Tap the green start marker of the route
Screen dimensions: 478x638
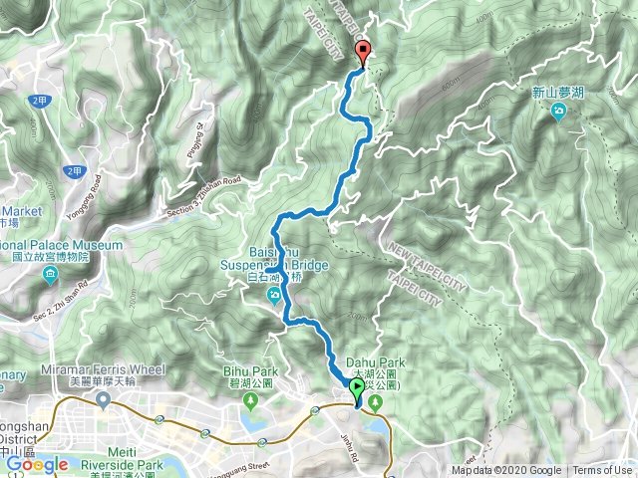[x=356, y=386]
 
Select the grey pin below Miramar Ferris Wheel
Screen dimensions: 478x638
[x=103, y=400]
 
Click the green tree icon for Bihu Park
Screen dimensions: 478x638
[x=250, y=401]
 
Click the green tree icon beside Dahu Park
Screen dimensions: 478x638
[x=376, y=401]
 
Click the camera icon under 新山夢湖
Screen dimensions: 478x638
[x=558, y=111]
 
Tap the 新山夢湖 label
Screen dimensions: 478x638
[x=557, y=92]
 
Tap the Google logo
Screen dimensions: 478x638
[x=36, y=464]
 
